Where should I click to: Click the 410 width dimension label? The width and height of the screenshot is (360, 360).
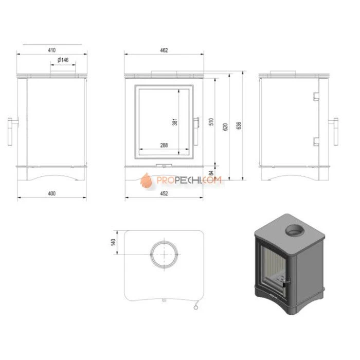tap(51, 50)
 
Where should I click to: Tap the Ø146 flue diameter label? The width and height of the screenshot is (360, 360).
tap(63, 60)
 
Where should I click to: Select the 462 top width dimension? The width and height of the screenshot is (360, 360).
tap(164, 50)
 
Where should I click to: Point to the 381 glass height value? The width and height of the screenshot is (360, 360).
tap(175, 122)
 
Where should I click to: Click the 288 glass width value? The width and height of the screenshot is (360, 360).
tap(164, 145)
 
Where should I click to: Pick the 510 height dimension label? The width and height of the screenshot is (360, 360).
tap(211, 122)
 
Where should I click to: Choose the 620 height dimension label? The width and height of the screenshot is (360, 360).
tap(225, 127)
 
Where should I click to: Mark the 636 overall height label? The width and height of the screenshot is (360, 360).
tap(239, 125)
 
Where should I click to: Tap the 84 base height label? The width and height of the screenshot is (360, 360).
tap(211, 173)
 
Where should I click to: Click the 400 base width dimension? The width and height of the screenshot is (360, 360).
tap(51, 193)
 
